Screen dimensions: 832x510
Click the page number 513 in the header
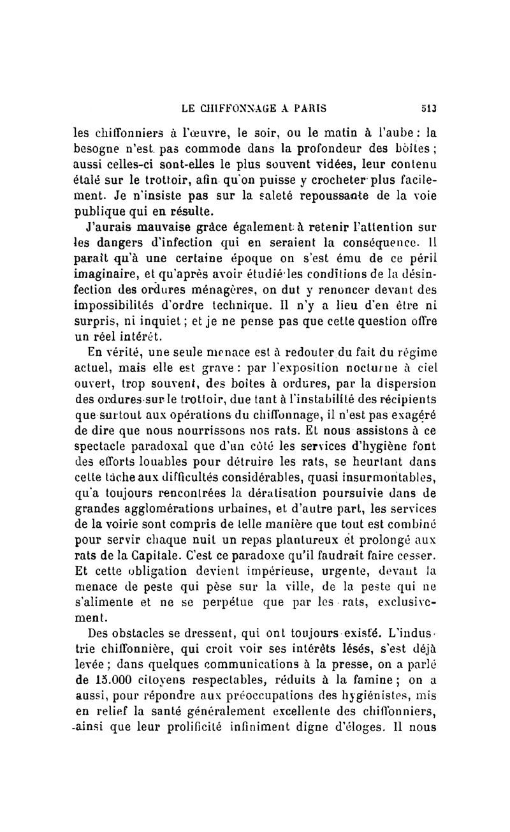[x=428, y=109]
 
